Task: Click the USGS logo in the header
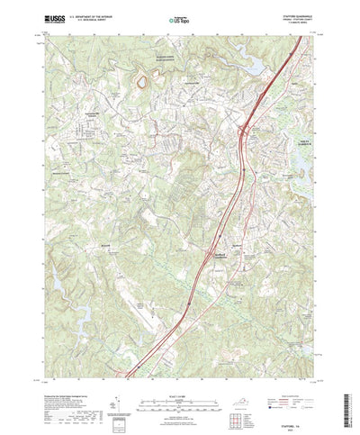(x=50, y=17)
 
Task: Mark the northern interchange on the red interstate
(x=244, y=135)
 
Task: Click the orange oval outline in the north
(x=140, y=85)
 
